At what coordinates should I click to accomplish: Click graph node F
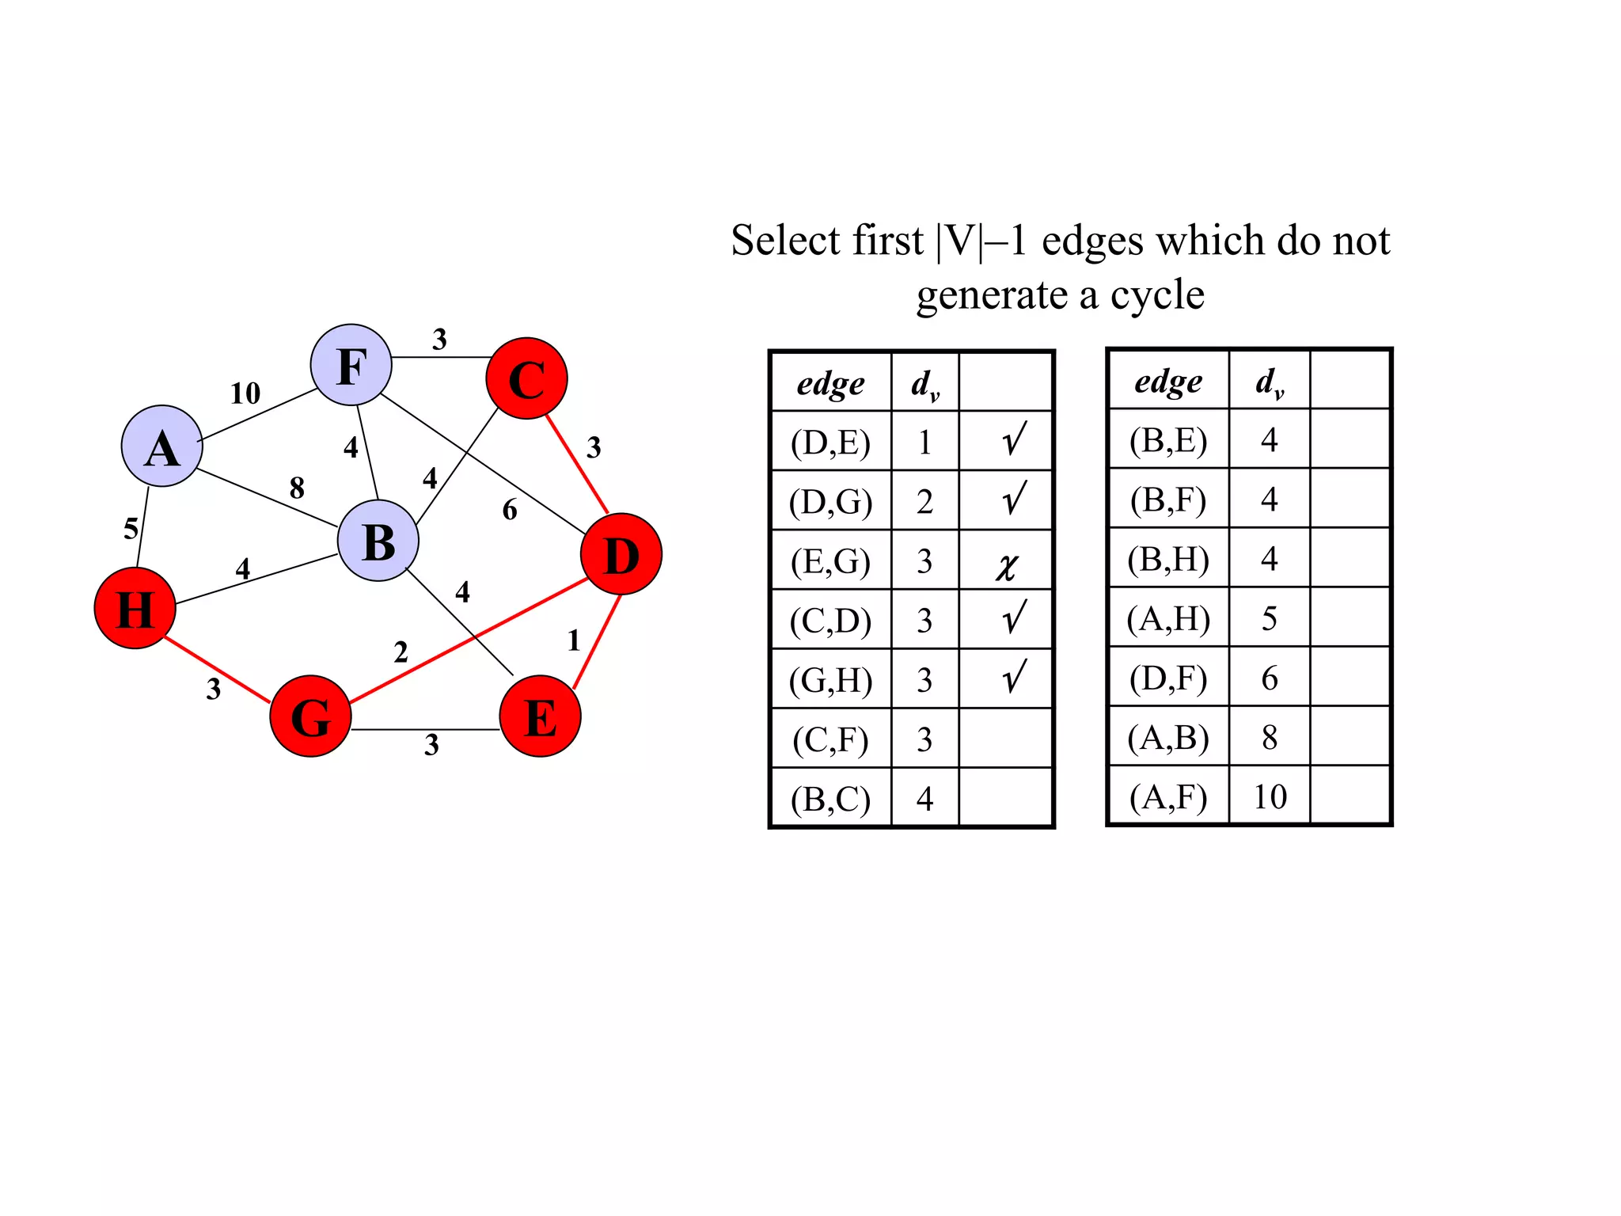351,365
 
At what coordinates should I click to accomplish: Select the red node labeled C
526,378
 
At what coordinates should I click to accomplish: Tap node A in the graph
162,446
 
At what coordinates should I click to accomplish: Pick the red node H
135,608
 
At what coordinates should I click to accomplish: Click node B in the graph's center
378,541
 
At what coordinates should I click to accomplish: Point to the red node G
310,716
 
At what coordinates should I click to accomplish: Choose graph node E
541,716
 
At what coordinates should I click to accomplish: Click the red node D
621,554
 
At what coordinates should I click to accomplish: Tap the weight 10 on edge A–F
245,393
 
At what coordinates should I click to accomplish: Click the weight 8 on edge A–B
297,488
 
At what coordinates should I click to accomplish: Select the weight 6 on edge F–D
510,510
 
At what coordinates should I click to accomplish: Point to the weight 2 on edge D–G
401,652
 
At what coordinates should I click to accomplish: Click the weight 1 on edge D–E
574,640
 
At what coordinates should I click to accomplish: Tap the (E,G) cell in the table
830,561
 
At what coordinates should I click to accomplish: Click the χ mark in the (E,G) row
1006,566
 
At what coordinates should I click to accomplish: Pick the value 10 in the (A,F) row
1270,796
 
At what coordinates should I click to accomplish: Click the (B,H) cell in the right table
1168,559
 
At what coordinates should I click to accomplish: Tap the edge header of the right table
1168,381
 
